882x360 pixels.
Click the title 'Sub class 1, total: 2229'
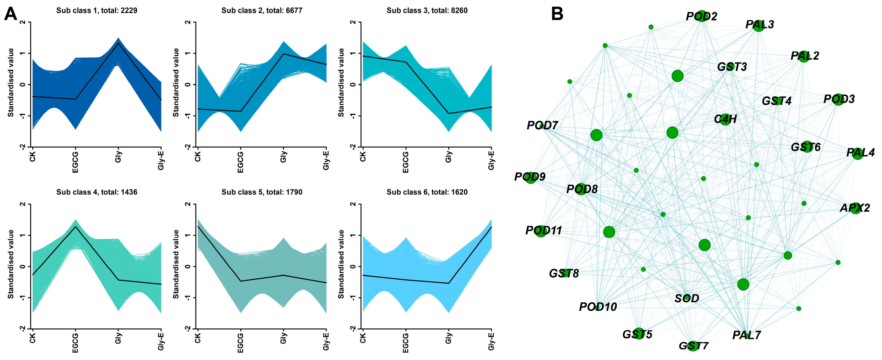[x=97, y=11]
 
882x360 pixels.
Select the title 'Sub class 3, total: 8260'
[x=427, y=11]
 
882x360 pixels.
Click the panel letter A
[x=10, y=15]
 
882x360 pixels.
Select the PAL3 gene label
[x=759, y=25]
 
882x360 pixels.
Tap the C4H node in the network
[x=725, y=119]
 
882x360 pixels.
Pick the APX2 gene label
[x=855, y=208]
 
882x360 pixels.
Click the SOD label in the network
[x=687, y=298]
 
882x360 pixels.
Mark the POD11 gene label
[x=543, y=230]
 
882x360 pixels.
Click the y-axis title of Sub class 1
[x=11, y=83]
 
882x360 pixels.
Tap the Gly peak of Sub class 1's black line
[x=118, y=43]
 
